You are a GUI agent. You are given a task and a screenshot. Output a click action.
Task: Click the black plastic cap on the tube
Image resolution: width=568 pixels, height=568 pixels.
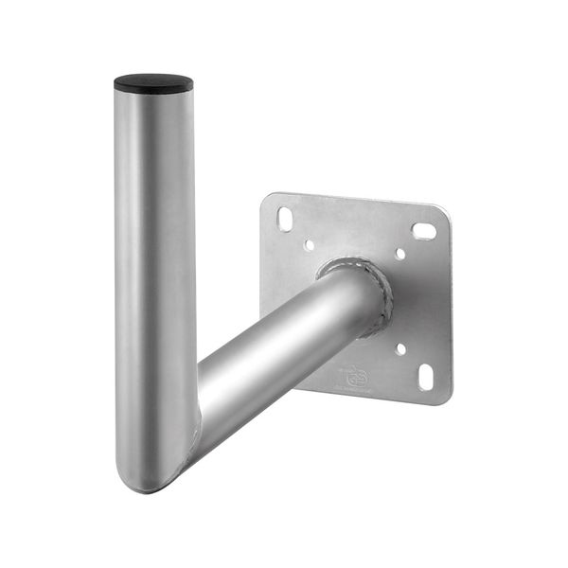(x=153, y=82)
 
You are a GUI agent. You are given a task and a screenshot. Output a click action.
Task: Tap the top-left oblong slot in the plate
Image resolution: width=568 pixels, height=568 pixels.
(x=285, y=219)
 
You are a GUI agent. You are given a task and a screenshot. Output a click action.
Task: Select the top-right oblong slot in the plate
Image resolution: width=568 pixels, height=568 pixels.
(x=423, y=230)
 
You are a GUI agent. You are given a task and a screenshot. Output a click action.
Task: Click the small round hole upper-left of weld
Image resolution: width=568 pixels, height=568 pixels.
(x=310, y=245)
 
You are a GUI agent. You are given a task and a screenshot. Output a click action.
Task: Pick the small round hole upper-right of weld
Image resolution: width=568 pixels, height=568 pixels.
(x=399, y=254)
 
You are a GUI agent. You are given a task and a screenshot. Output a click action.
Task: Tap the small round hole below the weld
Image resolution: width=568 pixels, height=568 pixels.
(x=399, y=348)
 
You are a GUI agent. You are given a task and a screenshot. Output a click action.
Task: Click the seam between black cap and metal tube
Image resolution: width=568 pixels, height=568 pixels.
(x=153, y=92)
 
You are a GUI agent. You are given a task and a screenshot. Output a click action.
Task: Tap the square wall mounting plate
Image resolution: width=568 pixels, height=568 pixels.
(x=417, y=303)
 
